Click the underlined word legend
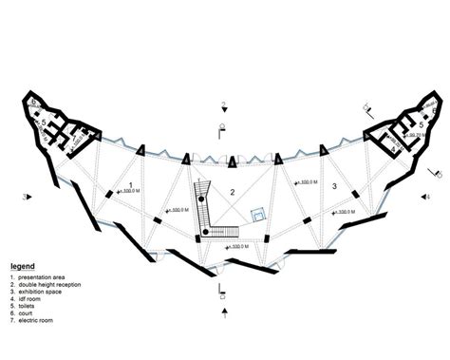pyautogui.click(x=24, y=266)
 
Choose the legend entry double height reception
pyautogui.click(x=55, y=284)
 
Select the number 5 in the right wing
pyautogui.click(x=408, y=123)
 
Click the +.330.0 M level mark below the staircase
pyautogui.click(x=234, y=246)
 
